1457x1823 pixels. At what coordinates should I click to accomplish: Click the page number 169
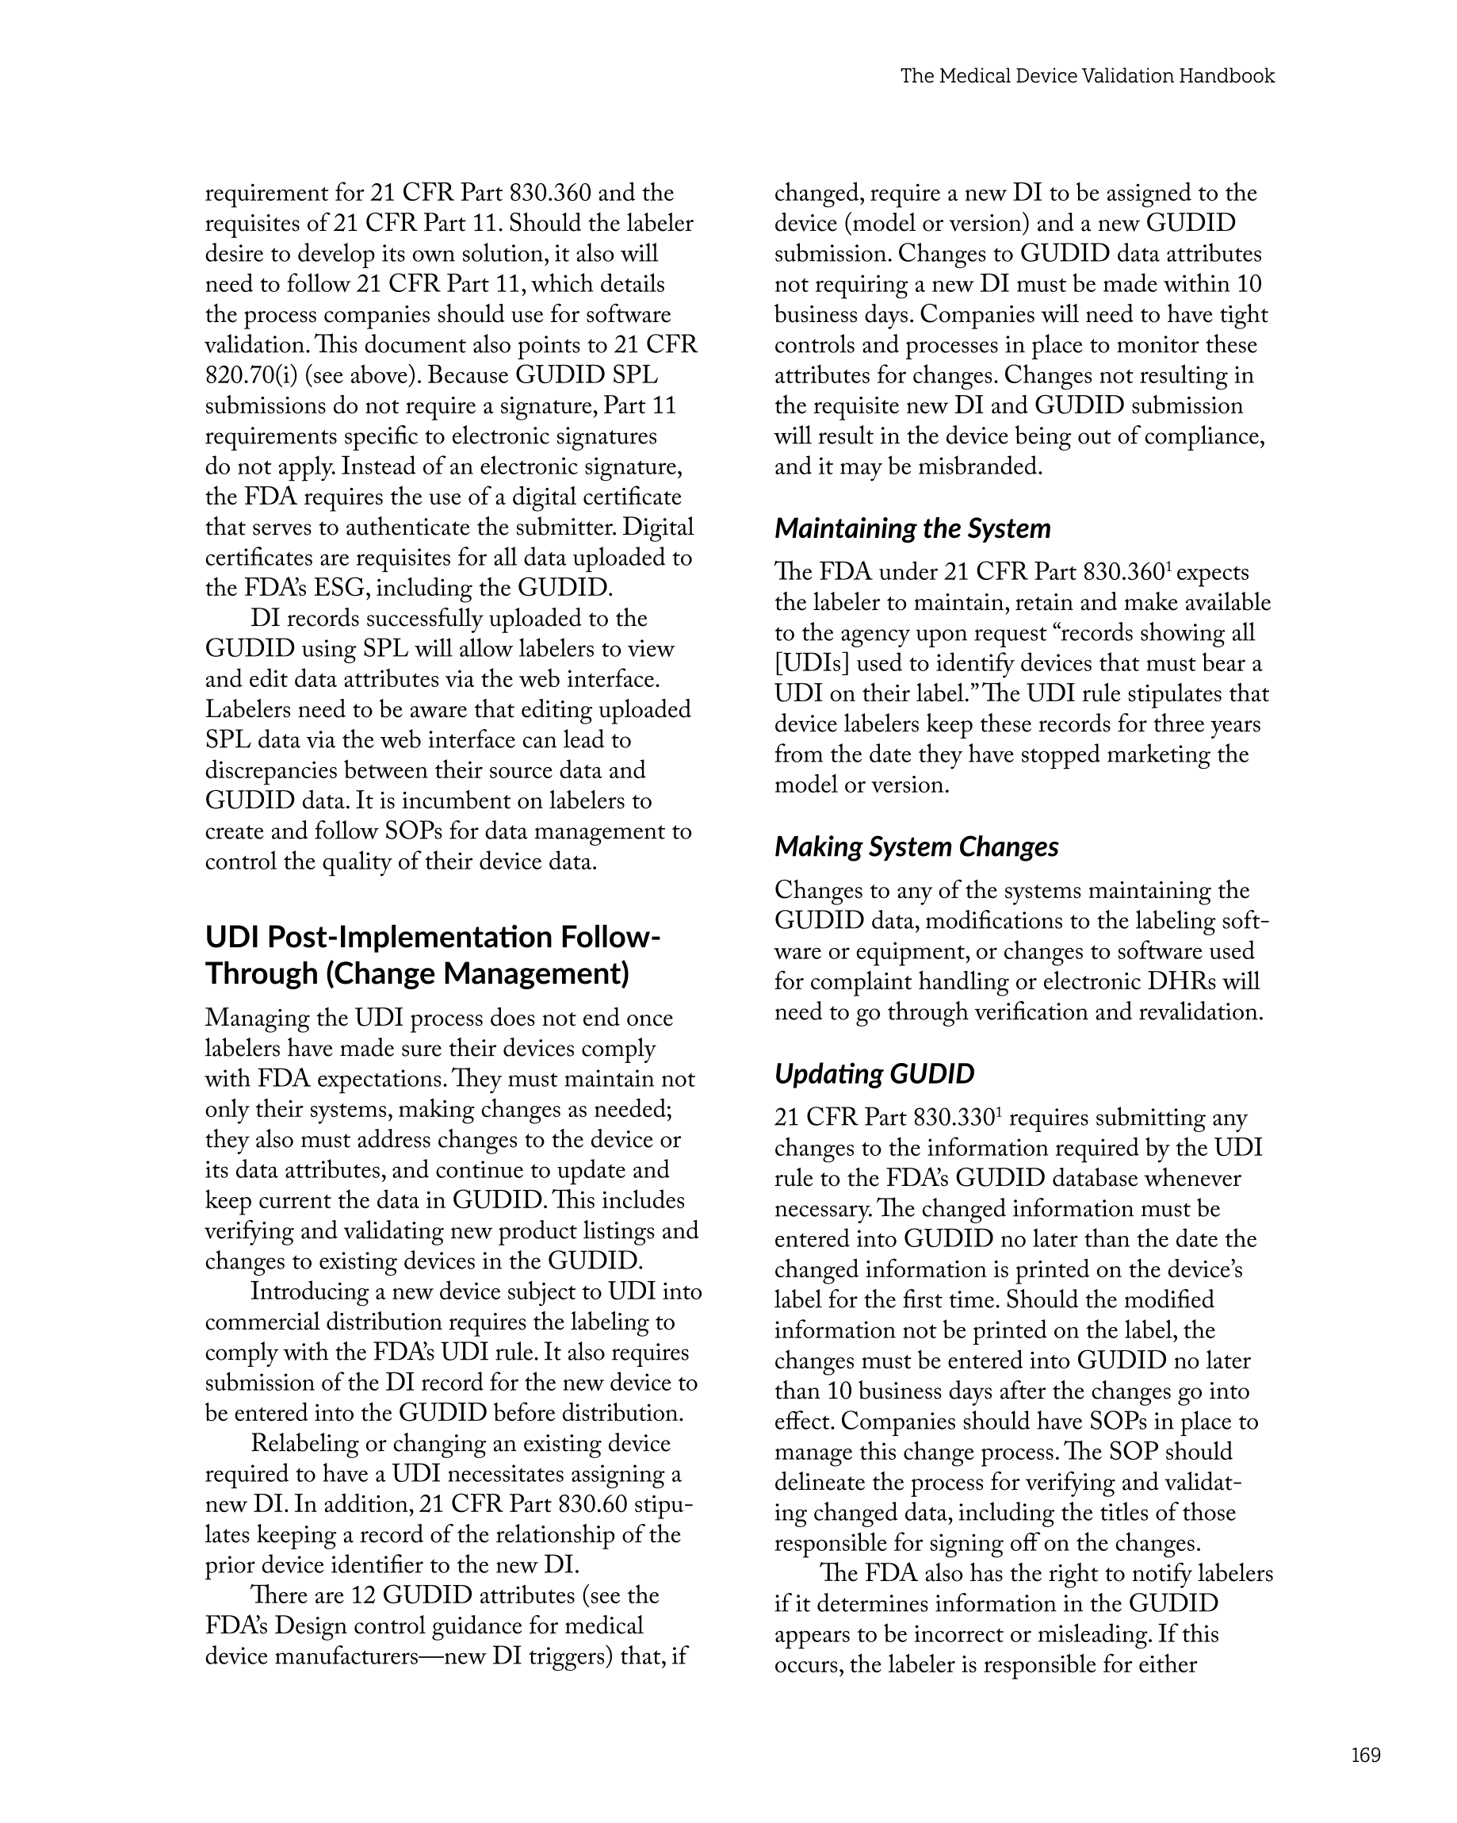1365,1756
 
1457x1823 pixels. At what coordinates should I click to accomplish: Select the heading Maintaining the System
912,528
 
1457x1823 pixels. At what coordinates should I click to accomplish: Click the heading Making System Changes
916,846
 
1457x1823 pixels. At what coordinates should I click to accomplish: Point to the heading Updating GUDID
874,1074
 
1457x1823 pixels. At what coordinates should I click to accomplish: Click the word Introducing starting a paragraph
309,1291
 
